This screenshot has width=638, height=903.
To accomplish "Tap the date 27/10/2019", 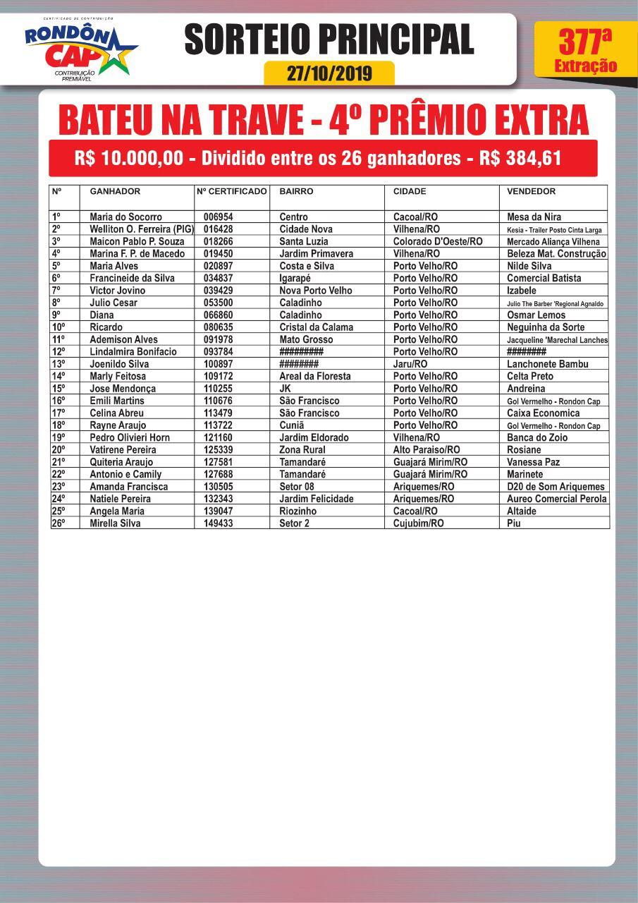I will point(329,73).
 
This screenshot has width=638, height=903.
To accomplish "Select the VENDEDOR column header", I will point(532,192).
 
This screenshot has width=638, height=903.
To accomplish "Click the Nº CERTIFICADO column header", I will point(231,192).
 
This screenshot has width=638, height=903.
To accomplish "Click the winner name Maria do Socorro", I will point(125,217).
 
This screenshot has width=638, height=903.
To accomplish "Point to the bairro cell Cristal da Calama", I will point(316,327).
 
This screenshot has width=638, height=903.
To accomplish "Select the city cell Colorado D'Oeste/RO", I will point(438,241).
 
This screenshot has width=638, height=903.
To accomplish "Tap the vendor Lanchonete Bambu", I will point(547,364).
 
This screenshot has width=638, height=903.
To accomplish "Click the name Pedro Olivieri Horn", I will point(130,437).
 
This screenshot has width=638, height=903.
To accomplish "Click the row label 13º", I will point(59,364).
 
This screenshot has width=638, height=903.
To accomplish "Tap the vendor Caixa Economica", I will point(543,413).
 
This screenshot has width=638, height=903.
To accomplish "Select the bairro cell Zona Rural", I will point(302,449).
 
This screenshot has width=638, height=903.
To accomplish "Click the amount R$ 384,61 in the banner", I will point(520,158).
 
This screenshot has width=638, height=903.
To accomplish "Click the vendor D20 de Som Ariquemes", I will point(556,487).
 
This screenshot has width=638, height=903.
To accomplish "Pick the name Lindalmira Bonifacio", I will point(133,351).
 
